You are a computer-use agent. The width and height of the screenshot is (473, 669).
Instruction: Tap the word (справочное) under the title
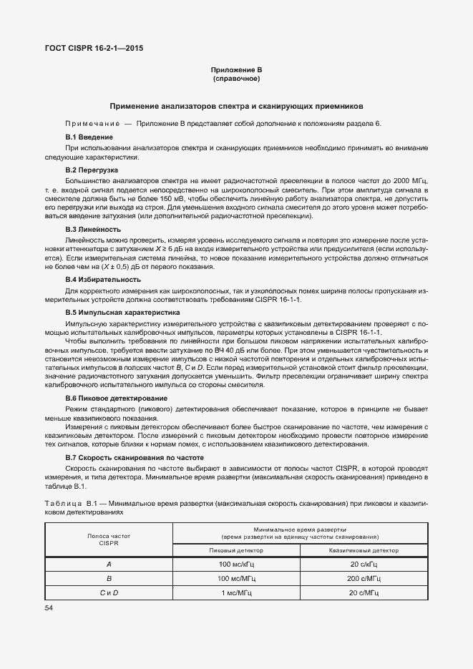tap(236, 78)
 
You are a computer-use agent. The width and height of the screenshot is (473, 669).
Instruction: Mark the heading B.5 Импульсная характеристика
tap(122, 313)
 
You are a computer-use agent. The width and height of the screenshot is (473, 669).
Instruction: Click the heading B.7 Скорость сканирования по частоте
tap(135, 456)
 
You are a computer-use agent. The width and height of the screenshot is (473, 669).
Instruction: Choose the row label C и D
tap(109, 592)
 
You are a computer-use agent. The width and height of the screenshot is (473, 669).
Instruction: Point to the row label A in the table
tap(109, 565)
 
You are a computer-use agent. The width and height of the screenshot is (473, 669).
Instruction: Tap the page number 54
tap(49, 607)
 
